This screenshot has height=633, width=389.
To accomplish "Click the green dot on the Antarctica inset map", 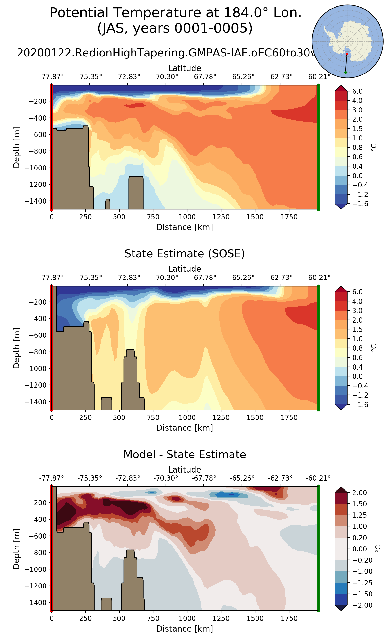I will [345, 72].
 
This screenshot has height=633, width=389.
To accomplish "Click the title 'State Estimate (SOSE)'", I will [185, 254].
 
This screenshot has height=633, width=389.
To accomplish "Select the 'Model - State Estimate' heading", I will [185, 455].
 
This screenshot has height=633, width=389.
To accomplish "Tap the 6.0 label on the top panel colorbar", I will [357, 91].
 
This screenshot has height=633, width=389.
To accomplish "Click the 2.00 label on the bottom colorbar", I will [359, 493].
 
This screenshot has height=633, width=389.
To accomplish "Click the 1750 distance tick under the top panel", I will [289, 217].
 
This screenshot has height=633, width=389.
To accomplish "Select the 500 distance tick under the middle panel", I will [119, 418].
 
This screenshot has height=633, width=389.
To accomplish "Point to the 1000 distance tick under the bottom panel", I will [187, 619].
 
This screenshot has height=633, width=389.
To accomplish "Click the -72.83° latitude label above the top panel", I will [128, 77].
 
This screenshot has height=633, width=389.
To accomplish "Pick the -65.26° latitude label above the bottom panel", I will [242, 478].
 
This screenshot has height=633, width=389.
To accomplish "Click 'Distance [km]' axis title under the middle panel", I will [185, 428].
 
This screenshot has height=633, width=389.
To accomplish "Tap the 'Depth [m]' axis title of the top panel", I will [17, 147].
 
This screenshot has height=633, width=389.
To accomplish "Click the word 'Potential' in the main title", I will [79, 13].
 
